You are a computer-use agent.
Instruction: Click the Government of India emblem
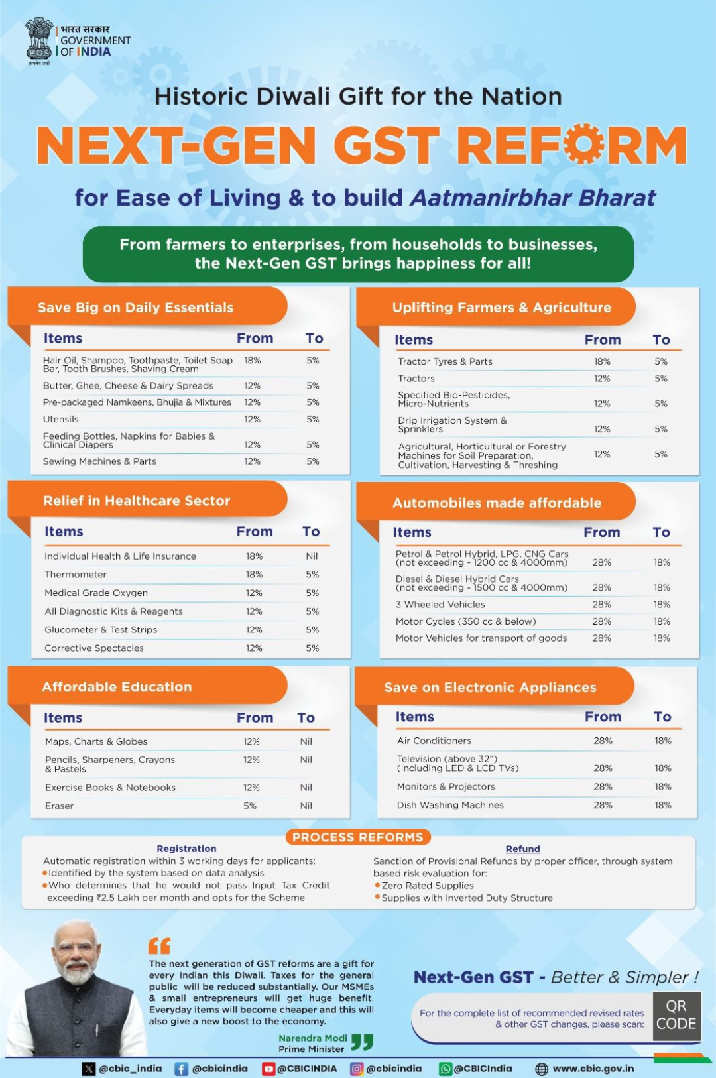click(39, 40)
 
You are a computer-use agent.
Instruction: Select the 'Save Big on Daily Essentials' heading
click(135, 308)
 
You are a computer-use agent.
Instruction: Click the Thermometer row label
click(76, 575)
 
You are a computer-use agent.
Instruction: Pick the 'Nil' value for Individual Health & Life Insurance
click(312, 556)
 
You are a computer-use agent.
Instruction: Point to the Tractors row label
click(416, 379)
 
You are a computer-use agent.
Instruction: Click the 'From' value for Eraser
click(250, 806)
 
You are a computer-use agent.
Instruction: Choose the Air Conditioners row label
click(434, 741)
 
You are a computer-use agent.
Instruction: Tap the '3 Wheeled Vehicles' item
click(440, 605)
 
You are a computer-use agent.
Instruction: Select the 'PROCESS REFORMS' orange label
click(358, 837)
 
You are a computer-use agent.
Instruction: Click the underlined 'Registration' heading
click(186, 849)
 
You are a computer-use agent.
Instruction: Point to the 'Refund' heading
click(522, 849)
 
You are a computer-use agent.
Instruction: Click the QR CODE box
click(676, 1015)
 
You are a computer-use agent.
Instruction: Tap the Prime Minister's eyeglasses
click(76, 949)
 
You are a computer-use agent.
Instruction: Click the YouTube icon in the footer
click(268, 1069)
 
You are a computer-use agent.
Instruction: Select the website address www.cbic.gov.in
click(593, 1069)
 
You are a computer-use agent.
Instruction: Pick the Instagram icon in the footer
click(357, 1069)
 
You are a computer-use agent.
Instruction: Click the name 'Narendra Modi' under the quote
click(313, 1038)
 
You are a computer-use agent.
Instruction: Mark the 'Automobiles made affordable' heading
click(497, 503)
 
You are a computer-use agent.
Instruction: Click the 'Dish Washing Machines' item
click(450, 805)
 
